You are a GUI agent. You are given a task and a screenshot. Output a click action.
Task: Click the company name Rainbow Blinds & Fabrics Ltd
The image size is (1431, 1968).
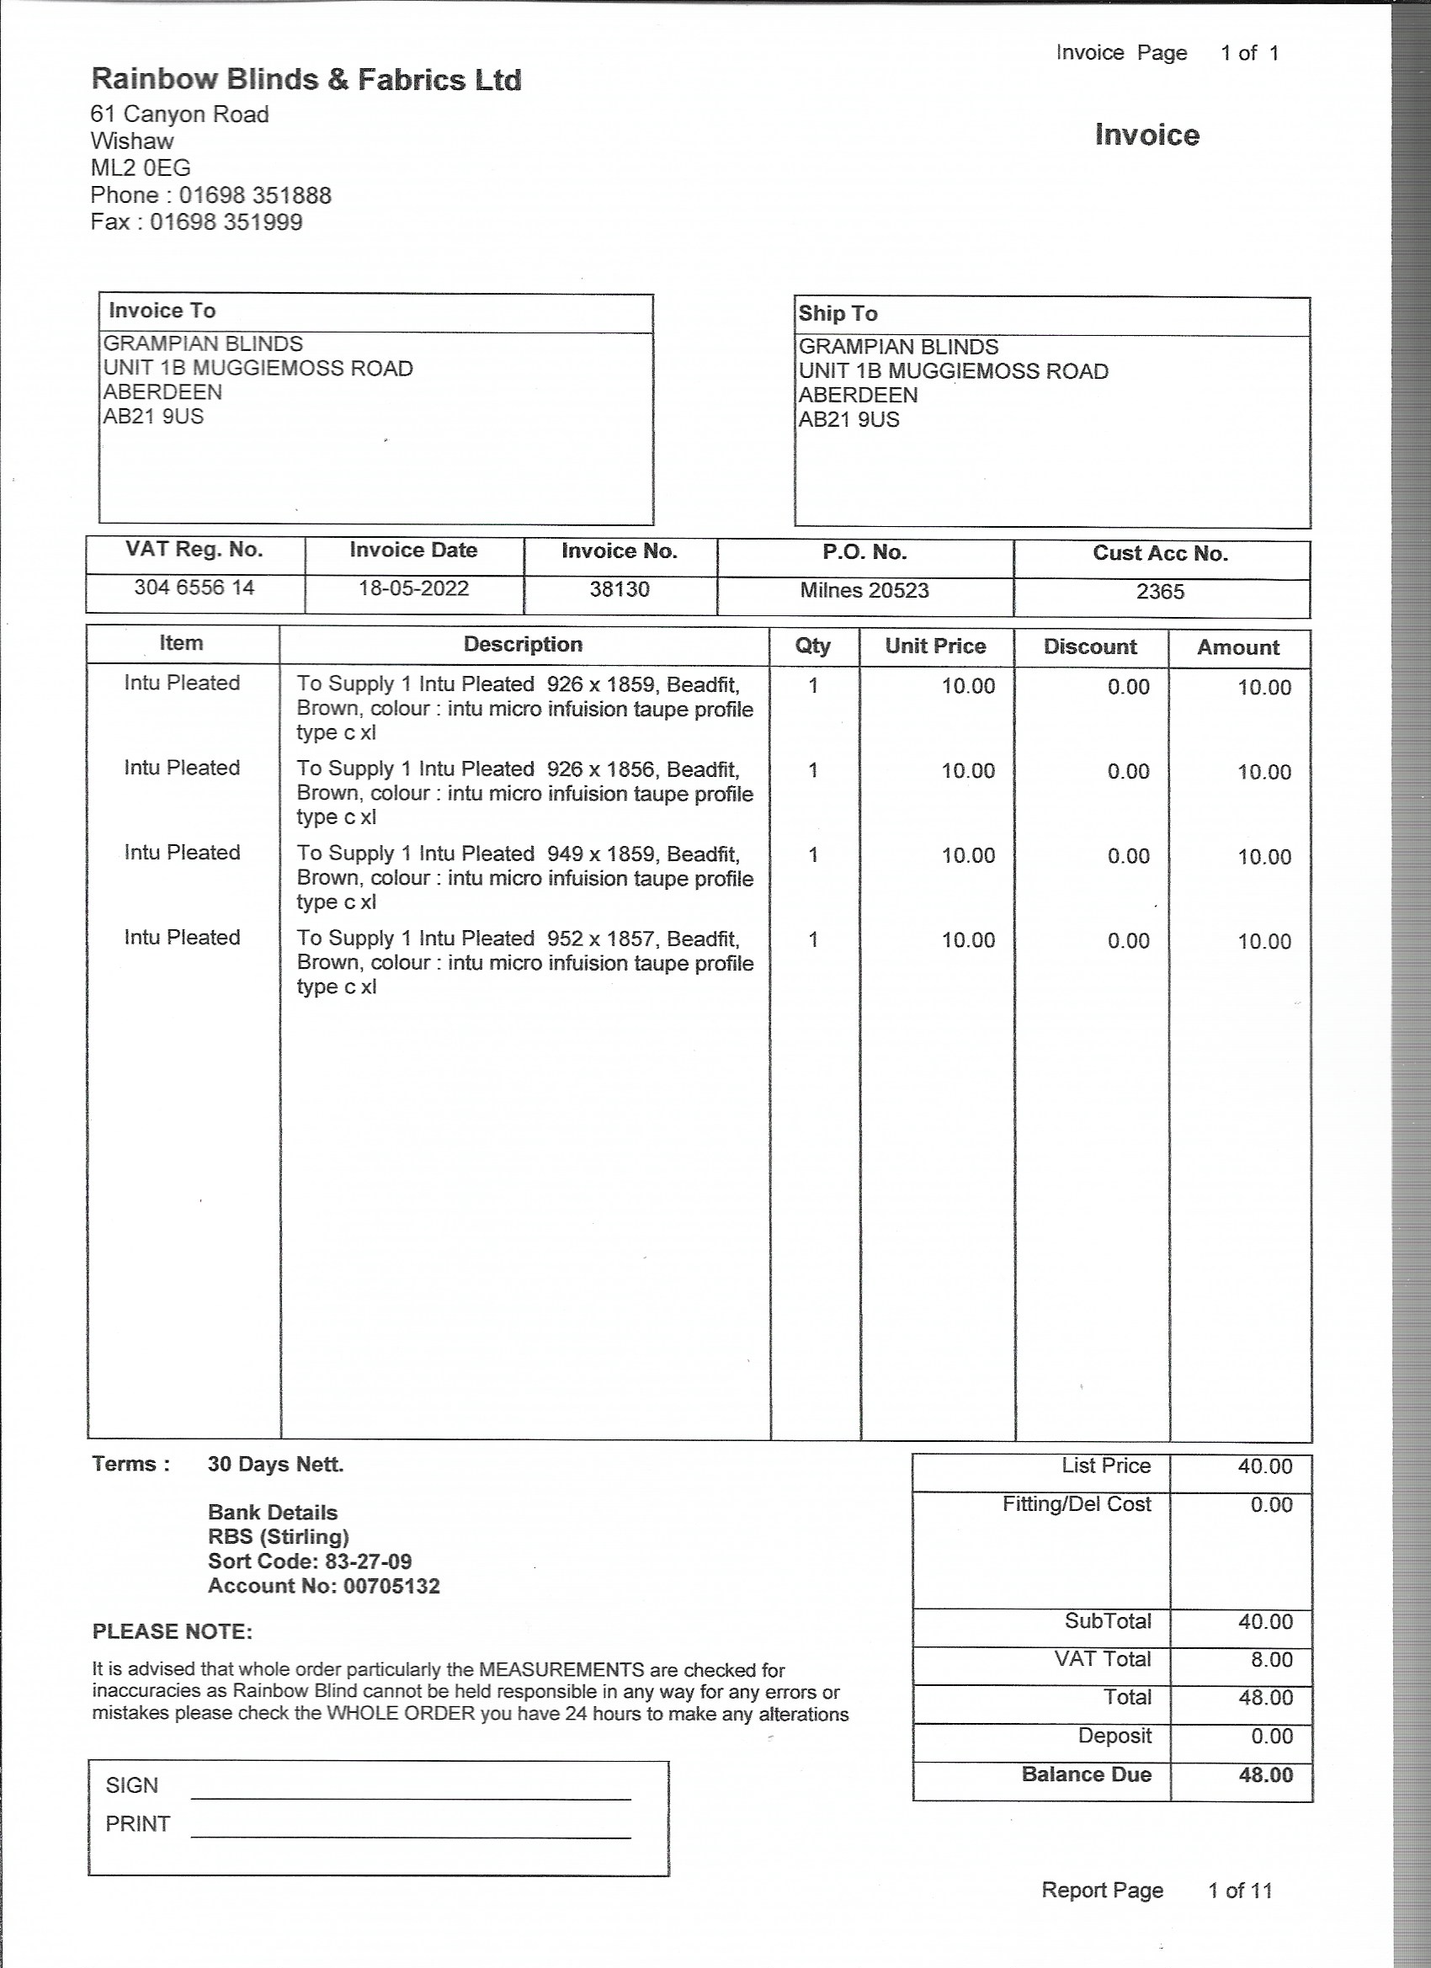(306, 80)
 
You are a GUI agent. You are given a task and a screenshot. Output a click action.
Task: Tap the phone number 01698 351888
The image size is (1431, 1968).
(255, 195)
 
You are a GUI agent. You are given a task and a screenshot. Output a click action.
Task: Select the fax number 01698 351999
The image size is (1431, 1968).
(226, 222)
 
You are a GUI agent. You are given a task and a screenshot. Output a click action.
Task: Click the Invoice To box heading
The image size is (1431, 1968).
(162, 311)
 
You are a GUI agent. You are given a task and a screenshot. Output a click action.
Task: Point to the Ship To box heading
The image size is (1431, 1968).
(838, 313)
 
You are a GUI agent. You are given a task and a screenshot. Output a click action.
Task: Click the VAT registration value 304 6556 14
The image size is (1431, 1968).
(194, 588)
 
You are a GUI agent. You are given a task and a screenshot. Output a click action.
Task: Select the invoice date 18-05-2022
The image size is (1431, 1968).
(414, 588)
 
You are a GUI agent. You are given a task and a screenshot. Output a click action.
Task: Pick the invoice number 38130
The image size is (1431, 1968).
(620, 589)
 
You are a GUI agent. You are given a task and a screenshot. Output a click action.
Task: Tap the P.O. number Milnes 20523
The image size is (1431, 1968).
(864, 590)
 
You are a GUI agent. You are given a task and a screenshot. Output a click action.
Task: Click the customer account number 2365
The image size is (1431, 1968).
(1160, 591)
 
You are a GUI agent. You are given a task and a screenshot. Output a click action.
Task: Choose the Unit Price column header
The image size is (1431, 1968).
(935, 646)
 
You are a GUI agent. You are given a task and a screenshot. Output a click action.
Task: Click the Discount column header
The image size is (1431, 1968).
(1090, 646)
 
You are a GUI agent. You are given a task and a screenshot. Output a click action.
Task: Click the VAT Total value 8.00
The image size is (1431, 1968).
(1271, 1659)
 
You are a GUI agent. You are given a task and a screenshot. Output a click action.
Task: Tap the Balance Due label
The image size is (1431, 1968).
(1087, 1774)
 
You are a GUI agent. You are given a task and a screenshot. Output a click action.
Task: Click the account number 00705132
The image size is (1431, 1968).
(391, 1586)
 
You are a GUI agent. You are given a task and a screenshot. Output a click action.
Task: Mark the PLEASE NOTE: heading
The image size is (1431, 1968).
(172, 1631)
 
